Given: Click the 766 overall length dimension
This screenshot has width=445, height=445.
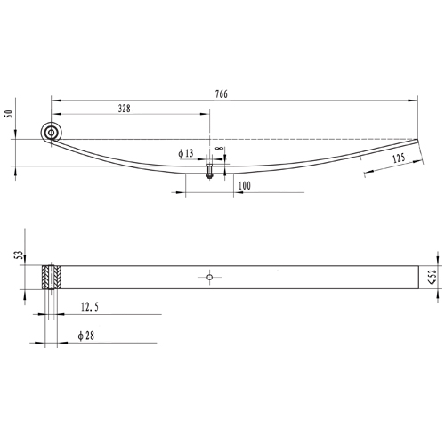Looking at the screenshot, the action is pos(222,94).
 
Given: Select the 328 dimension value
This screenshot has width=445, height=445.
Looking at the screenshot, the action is pos(125,109).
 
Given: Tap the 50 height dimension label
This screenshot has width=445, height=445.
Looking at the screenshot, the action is pos(9,114).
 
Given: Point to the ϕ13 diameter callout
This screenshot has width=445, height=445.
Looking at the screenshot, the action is pos(186,153).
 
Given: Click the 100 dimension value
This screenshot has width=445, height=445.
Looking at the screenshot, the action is pos(245,186).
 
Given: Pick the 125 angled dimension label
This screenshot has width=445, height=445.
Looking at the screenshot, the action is pos(399,158).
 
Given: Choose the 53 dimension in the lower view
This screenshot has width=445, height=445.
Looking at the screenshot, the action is pos(19,255).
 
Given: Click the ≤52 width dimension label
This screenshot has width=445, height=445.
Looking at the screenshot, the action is pos(433,277).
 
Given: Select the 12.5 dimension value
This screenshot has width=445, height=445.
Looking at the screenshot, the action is pos(90,306).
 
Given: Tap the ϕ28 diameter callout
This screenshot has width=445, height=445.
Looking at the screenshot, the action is pos(86,336).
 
